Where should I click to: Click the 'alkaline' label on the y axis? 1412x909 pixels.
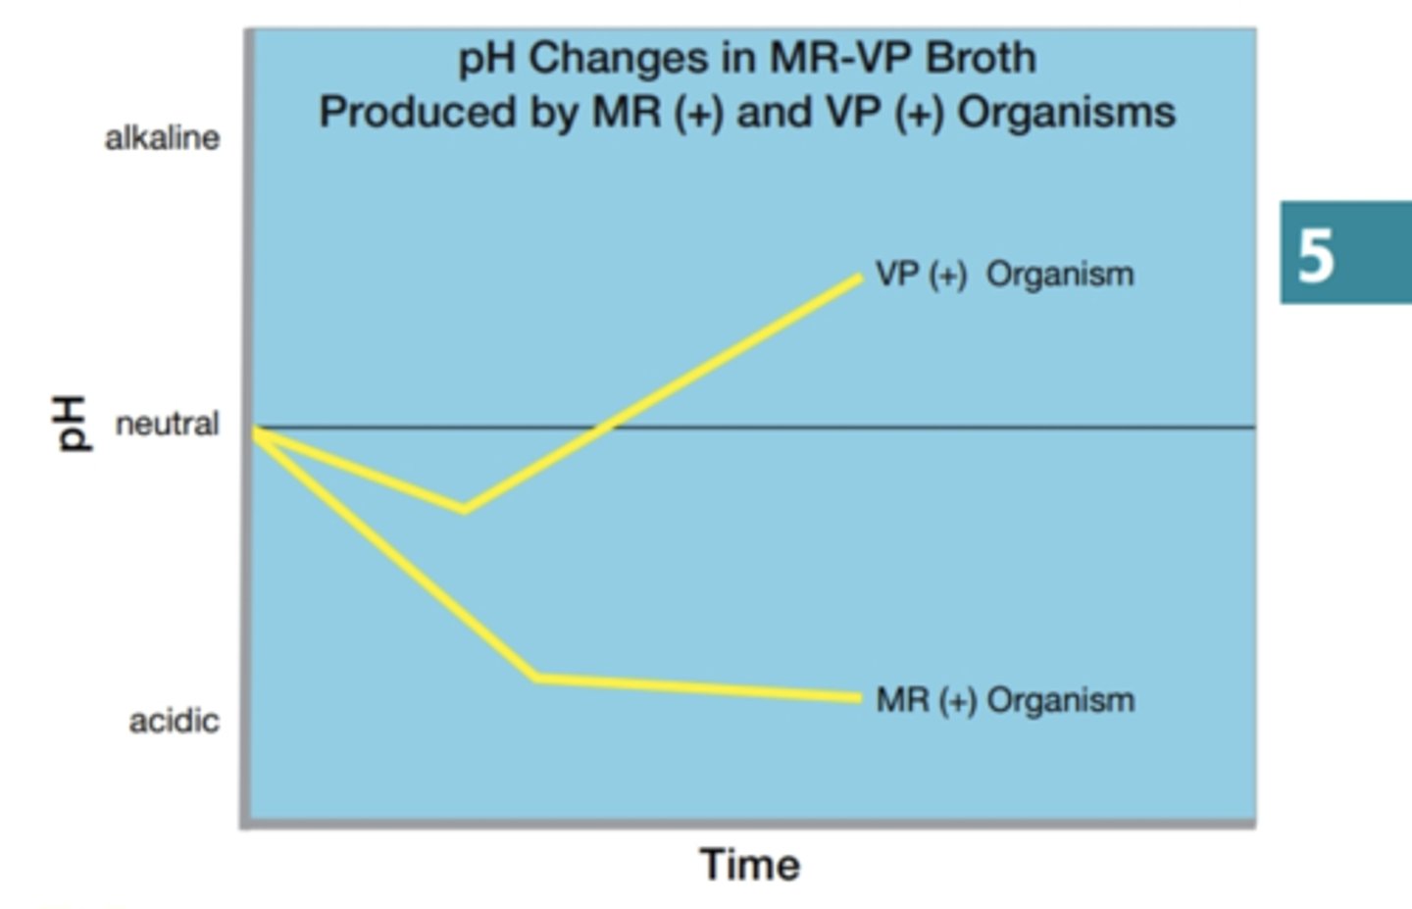pyautogui.click(x=162, y=138)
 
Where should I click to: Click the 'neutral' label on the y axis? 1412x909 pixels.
pyautogui.click(x=167, y=425)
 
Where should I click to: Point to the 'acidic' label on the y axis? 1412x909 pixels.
pyautogui.click(x=174, y=721)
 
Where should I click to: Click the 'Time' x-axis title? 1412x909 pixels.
pyautogui.click(x=749, y=865)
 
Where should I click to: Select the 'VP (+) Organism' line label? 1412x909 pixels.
pyautogui.click(x=1004, y=275)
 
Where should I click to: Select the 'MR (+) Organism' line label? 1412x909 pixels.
pyautogui.click(x=1005, y=700)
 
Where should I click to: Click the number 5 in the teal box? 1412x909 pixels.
pyautogui.click(x=1316, y=256)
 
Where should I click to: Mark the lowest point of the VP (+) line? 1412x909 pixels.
pyautogui.click(x=464, y=509)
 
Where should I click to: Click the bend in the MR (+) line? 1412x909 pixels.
pyautogui.click(x=536, y=677)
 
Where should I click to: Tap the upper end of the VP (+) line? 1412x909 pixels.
pyautogui.click(x=859, y=278)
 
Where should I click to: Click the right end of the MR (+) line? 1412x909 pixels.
pyautogui.click(x=859, y=698)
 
